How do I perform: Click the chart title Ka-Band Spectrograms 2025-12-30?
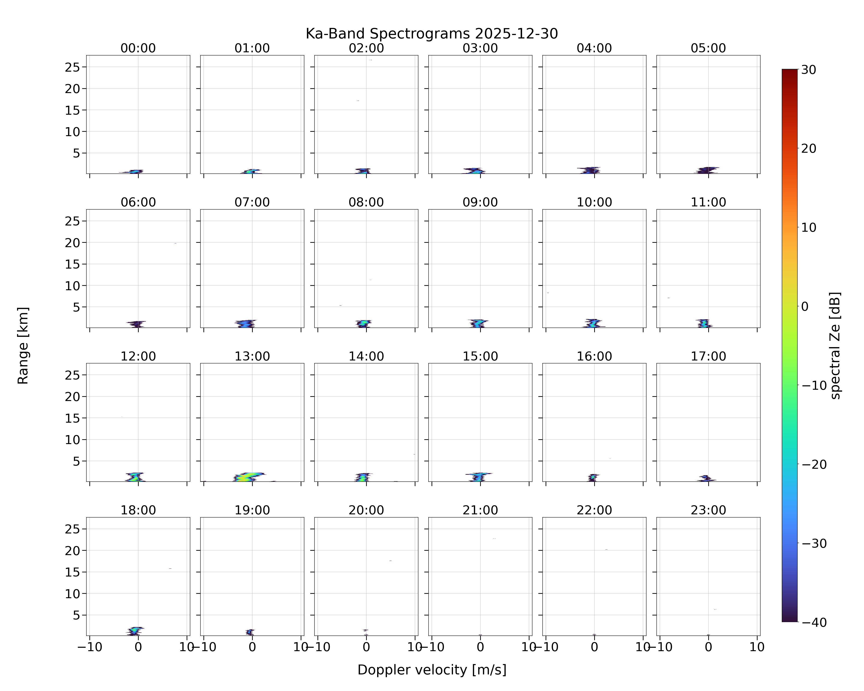pyautogui.click(x=432, y=34)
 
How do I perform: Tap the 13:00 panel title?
pyautogui.click(x=252, y=356)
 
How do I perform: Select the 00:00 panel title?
pyautogui.click(x=138, y=48)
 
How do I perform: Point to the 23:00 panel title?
pyautogui.click(x=708, y=510)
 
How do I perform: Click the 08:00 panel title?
pyautogui.click(x=366, y=202)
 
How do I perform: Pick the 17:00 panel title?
pyautogui.click(x=708, y=356)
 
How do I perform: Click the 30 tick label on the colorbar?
pyautogui.click(x=809, y=70)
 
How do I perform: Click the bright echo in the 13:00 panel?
pyautogui.click(x=248, y=477)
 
